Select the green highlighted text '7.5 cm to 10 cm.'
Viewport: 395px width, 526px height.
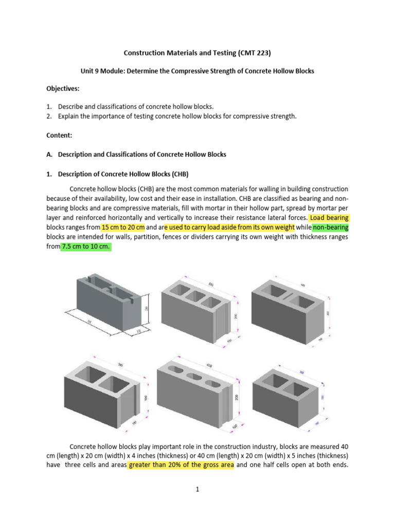pyautogui.click(x=86, y=247)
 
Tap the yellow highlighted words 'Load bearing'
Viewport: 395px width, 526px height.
pyautogui.click(x=330, y=218)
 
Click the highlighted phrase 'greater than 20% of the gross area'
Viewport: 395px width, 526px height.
pyautogui.click(x=181, y=465)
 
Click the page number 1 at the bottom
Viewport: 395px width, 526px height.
pyautogui.click(x=197, y=490)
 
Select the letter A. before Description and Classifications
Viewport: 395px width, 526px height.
pyautogui.click(x=49, y=154)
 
